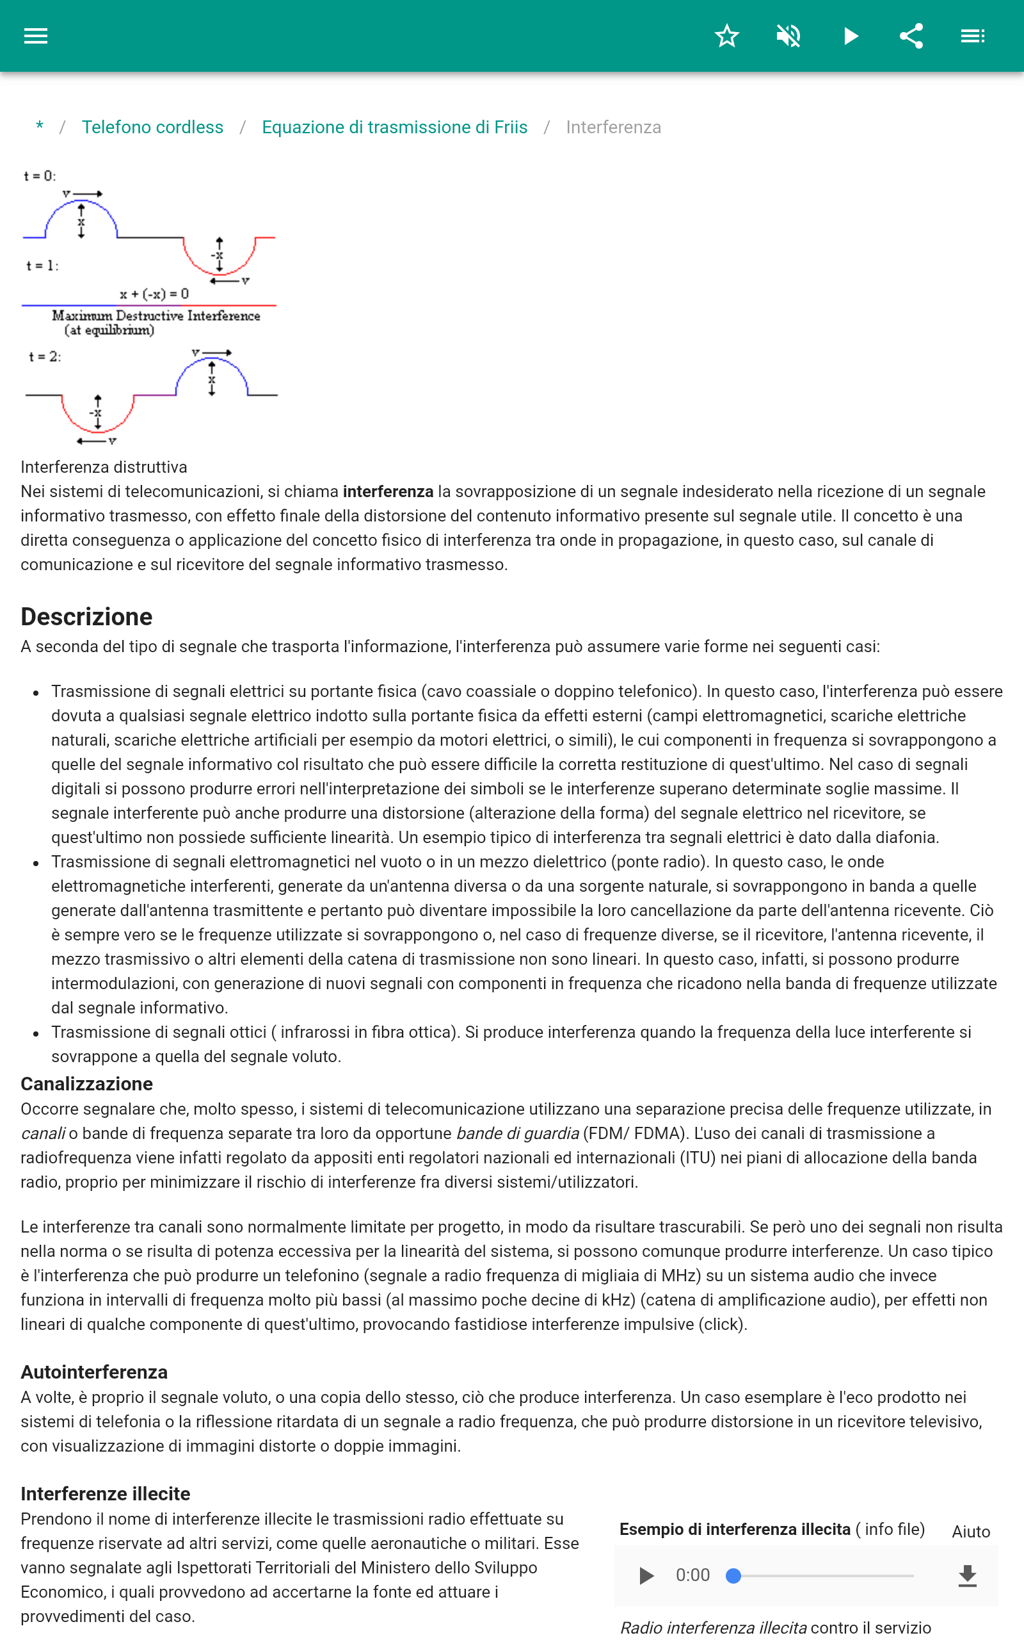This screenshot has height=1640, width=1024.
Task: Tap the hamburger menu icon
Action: click(36, 36)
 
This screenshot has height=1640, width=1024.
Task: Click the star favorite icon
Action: click(726, 36)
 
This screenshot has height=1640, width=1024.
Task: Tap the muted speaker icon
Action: click(788, 36)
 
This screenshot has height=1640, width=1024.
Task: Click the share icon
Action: click(911, 36)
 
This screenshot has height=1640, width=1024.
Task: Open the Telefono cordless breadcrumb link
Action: click(152, 127)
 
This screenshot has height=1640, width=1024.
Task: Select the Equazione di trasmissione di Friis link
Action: click(394, 127)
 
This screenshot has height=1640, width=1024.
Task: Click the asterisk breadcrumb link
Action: click(40, 127)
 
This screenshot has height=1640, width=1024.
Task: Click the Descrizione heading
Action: click(86, 617)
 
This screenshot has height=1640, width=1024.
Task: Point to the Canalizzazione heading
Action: click(86, 1084)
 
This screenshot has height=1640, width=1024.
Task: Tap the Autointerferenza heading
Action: click(94, 1372)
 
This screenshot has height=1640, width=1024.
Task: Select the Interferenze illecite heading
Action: click(105, 1494)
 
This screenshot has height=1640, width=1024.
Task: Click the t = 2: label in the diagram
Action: click(45, 356)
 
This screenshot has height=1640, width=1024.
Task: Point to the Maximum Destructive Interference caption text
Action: click(156, 316)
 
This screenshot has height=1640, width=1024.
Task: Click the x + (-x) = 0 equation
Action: click(154, 294)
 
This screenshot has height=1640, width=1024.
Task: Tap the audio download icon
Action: click(968, 1576)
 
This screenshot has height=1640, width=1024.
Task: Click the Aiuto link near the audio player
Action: click(970, 1532)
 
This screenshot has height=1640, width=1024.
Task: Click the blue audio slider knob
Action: click(733, 1576)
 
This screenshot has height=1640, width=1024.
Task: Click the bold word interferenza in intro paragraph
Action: click(387, 491)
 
